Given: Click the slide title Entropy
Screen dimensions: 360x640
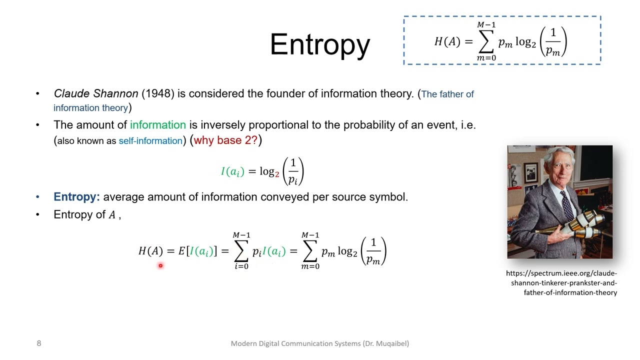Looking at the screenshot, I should [320, 45].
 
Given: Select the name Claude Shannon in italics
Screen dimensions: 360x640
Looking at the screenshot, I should [96, 94].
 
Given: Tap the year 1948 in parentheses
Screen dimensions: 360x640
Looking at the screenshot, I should [158, 94].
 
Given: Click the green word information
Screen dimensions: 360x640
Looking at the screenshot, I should [157, 125].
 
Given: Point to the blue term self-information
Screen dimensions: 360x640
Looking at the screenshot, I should [150, 141].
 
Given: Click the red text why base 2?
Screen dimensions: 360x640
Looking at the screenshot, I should [225, 140].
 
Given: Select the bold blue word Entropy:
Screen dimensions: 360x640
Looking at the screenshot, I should [76, 197].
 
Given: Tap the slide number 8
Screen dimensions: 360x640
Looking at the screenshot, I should [39, 343].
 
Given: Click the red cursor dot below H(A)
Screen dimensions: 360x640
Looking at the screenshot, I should [160, 266].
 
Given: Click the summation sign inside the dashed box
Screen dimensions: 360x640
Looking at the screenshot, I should [486, 42].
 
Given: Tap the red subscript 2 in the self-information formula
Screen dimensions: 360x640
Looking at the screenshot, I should [277, 174].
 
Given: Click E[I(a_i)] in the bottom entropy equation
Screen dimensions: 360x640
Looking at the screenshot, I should [197, 251].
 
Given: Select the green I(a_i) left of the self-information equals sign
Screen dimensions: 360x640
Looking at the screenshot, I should [232, 171].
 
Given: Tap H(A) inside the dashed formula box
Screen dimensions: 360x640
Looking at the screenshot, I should [447, 42].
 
